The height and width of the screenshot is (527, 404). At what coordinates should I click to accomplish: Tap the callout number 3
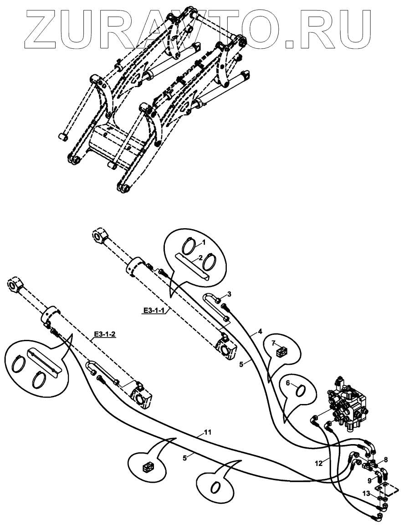tap(230, 294)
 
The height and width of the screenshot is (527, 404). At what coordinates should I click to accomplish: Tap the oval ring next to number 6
tap(301, 390)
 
